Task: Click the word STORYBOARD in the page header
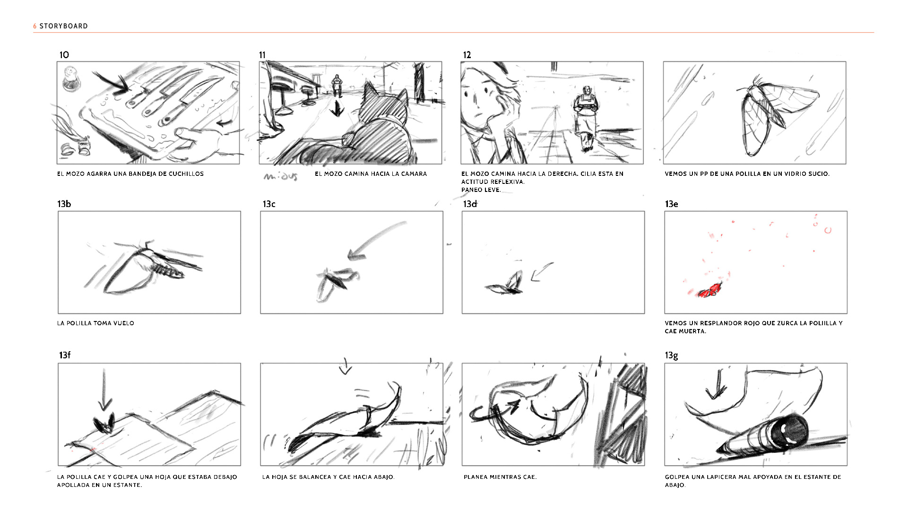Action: pos(63,26)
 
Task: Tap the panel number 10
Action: pos(64,55)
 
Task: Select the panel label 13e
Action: pos(671,204)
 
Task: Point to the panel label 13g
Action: pos(671,355)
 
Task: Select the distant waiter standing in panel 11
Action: pos(336,85)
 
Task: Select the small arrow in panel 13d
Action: pos(542,272)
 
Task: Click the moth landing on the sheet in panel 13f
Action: pos(104,424)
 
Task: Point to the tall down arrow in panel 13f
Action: pos(104,390)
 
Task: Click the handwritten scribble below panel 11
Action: pos(281,177)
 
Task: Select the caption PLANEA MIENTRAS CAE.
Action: pos(500,477)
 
